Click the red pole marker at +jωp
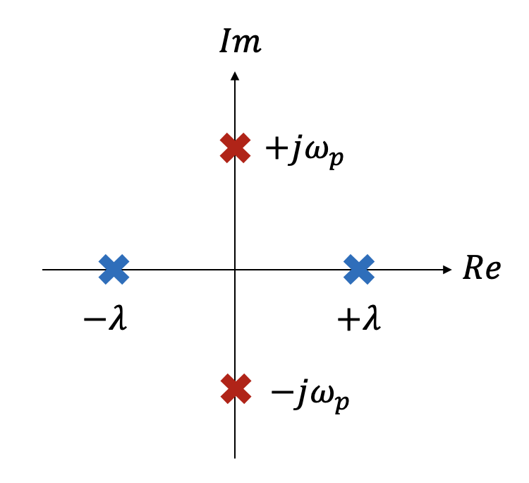click(x=235, y=148)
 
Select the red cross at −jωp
click(x=236, y=388)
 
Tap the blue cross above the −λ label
click(x=114, y=269)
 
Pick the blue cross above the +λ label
click(x=359, y=269)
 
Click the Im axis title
click(x=241, y=43)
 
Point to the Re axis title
click(x=481, y=270)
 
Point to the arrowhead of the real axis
click(x=447, y=269)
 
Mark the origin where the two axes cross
click(x=235, y=269)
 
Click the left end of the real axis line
click(x=44, y=269)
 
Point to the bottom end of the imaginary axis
click(x=235, y=456)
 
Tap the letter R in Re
click(x=473, y=270)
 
